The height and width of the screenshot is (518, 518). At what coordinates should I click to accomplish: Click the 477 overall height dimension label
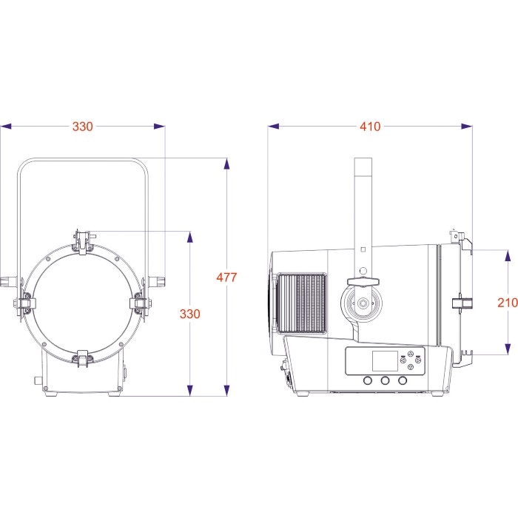click(226, 277)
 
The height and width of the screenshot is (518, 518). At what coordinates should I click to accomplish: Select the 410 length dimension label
click(370, 127)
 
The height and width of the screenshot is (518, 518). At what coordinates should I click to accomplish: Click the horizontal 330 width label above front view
click(83, 127)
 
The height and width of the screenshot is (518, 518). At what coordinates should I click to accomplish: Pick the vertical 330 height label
click(190, 314)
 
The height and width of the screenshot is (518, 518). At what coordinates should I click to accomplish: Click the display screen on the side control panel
click(383, 361)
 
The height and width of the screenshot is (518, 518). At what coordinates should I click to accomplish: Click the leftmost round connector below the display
click(368, 380)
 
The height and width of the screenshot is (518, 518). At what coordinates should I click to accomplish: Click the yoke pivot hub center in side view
click(363, 303)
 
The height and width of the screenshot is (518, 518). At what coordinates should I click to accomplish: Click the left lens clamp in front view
click(24, 302)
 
